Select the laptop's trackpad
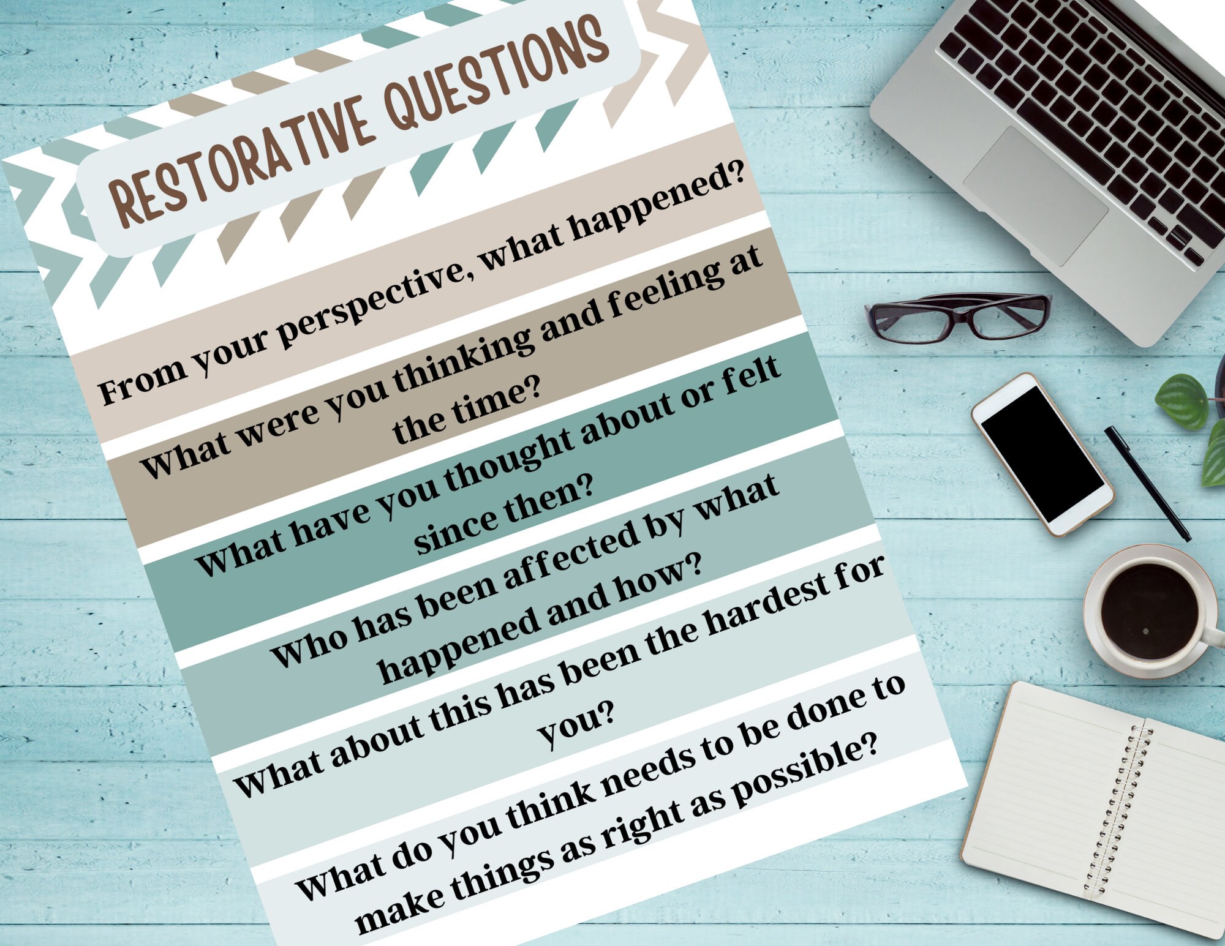[1035, 196]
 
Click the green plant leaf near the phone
[1182, 401]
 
